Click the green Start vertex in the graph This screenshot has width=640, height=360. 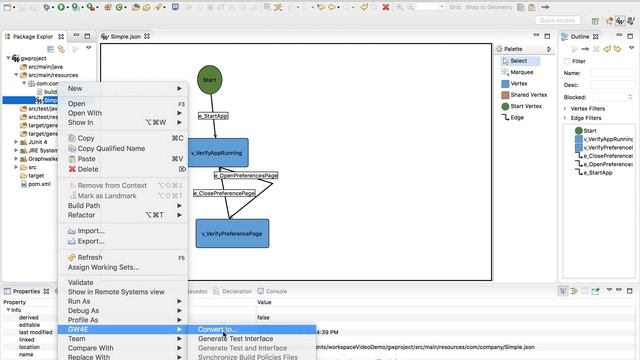(209, 79)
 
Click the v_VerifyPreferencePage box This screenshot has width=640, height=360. (232, 233)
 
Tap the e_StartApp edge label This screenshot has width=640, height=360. (213, 116)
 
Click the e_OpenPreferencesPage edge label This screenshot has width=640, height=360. (245, 175)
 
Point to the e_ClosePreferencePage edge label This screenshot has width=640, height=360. (224, 193)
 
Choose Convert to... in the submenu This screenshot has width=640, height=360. (217, 329)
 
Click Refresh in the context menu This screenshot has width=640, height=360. (90, 257)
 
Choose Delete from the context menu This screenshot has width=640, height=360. (88, 169)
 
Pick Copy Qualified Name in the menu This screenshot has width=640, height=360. (111, 148)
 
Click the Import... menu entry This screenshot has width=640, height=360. (91, 231)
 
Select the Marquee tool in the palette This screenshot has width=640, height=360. (521, 72)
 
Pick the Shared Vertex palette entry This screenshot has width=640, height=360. (527, 94)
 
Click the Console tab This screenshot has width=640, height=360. (275, 291)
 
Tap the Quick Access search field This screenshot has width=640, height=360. (585, 20)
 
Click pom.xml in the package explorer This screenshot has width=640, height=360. (40, 184)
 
